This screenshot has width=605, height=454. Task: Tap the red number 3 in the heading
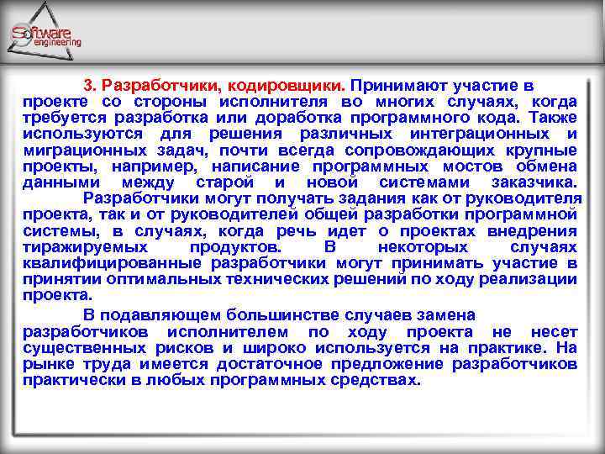tap(87, 86)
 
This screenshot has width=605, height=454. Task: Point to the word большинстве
tap(287, 315)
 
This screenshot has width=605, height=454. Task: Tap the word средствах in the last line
tap(373, 379)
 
